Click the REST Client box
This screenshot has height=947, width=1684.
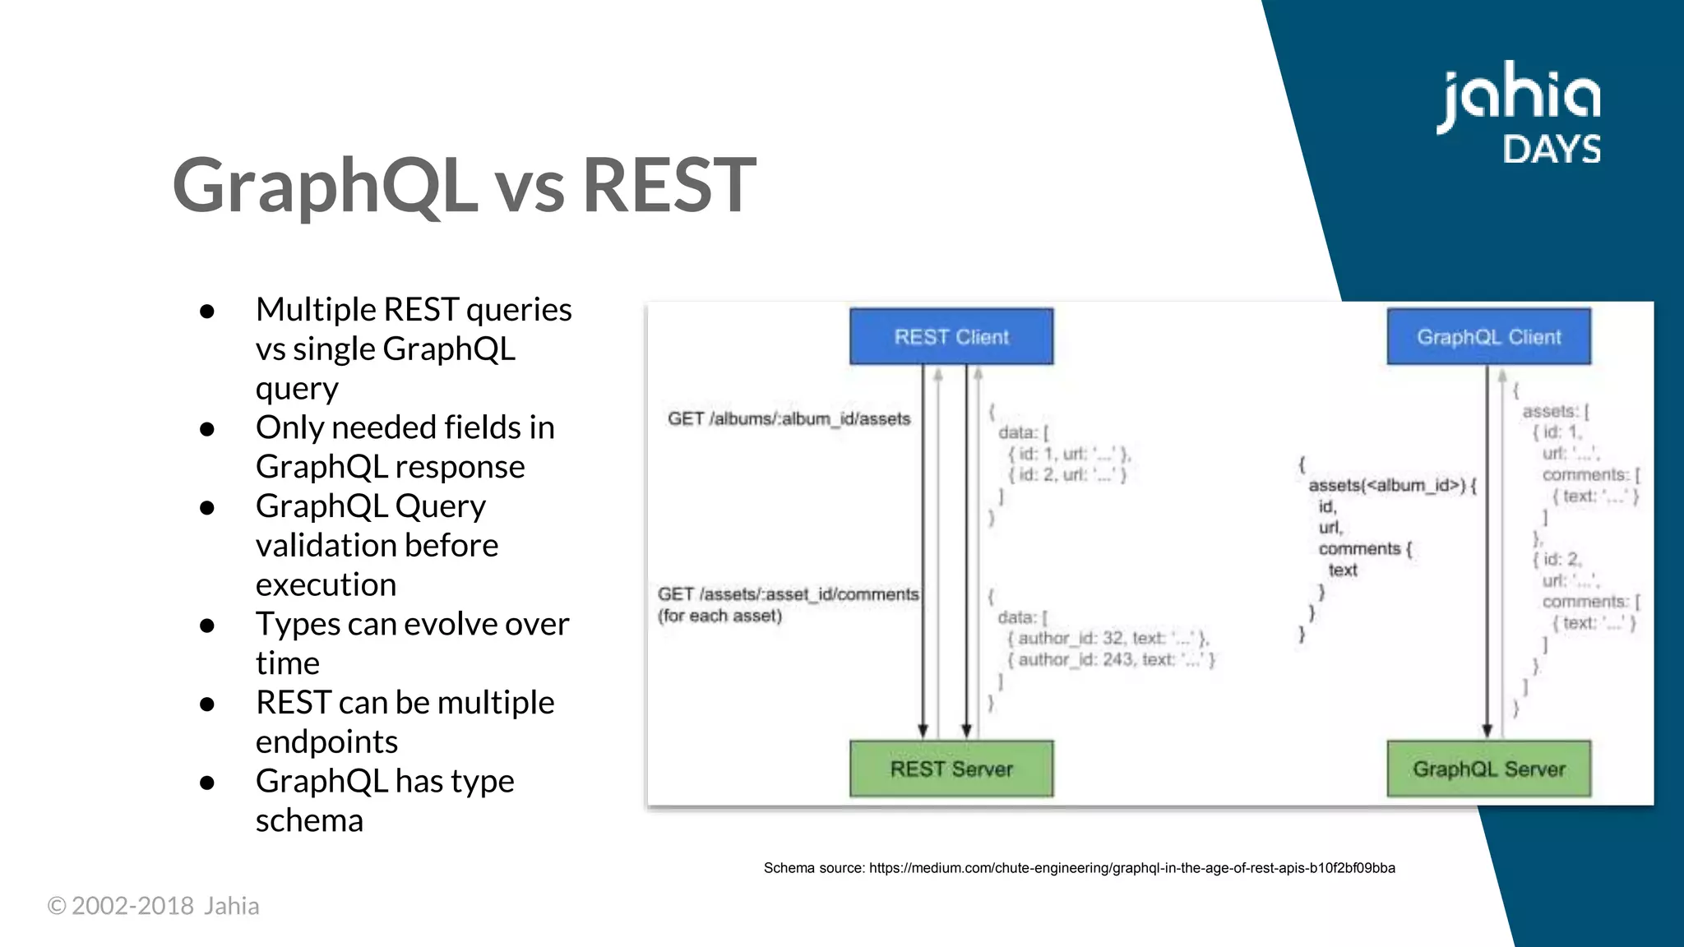point(951,337)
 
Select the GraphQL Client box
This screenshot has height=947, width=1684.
point(1488,337)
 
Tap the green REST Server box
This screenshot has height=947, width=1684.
point(951,769)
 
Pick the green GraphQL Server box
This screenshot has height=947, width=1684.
point(1488,769)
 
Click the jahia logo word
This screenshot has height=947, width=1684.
point(1519,97)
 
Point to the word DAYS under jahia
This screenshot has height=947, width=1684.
point(1552,150)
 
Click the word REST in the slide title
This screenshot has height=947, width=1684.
point(669,186)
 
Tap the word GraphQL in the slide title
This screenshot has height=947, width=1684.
point(325,186)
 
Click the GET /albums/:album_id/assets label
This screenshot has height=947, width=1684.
point(789,418)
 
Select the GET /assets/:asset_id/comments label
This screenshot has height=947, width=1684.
point(788,594)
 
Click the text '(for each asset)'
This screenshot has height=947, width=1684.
point(719,616)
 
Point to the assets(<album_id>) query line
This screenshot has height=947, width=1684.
point(1391,485)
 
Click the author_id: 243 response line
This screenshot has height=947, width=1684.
point(1110,659)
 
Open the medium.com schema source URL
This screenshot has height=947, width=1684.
point(1131,868)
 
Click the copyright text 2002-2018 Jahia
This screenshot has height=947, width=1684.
point(154,906)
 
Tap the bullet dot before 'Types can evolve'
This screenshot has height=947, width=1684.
point(207,626)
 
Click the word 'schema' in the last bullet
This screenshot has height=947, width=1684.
point(309,820)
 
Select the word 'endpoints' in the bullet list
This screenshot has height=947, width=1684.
point(326,741)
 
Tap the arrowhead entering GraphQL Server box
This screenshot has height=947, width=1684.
point(1487,731)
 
